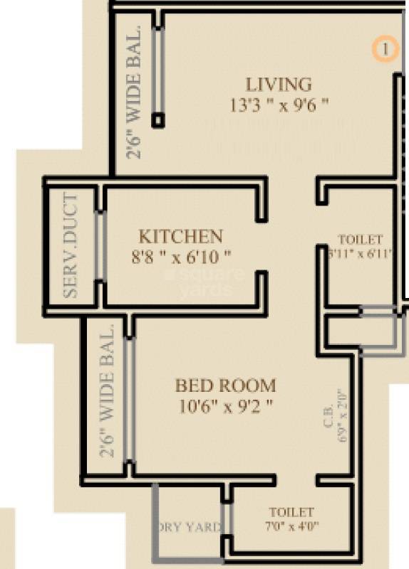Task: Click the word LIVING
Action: [279, 85]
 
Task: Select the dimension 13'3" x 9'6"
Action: [279, 105]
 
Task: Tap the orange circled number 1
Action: [385, 49]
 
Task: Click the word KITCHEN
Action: [180, 236]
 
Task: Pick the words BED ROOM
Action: [225, 386]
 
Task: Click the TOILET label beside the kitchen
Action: [360, 240]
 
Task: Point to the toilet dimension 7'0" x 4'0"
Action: [291, 527]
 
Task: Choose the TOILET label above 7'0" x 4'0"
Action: [291, 512]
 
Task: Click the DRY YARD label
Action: [187, 527]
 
